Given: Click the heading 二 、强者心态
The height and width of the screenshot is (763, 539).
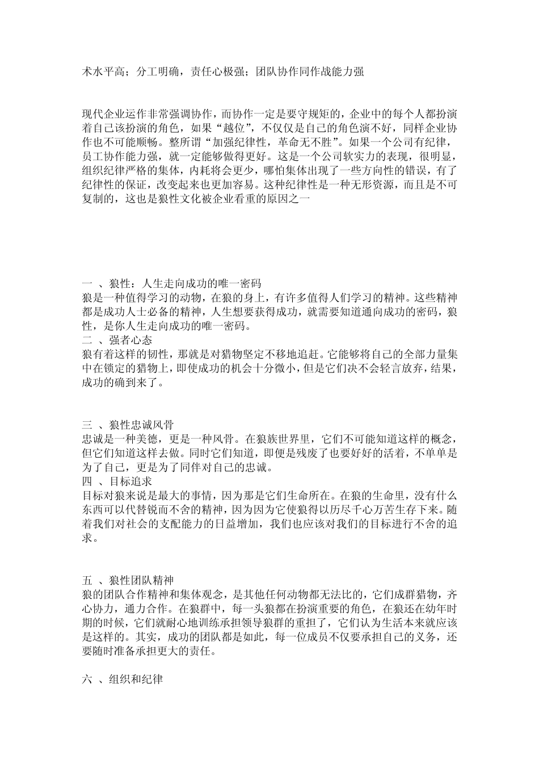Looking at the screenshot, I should [117, 340].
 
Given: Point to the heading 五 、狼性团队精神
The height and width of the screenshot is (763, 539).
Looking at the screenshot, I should [128, 580].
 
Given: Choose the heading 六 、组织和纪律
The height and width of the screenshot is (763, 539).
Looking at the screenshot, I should [123, 678].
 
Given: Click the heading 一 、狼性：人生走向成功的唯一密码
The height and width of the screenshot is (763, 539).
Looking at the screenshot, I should [172, 283].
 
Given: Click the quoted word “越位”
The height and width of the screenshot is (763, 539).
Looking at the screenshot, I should [249, 127].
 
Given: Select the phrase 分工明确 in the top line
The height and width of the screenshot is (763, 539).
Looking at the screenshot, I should [158, 72].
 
